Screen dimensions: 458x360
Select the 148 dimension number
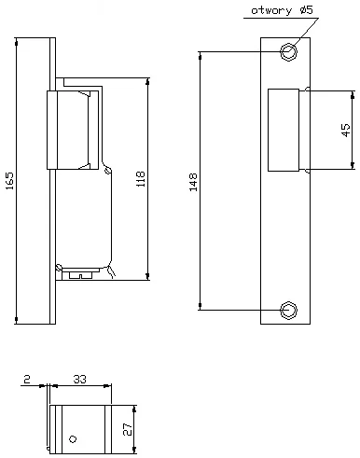(x=192, y=180)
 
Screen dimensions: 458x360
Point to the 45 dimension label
(x=346, y=130)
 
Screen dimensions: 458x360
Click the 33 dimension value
(x=79, y=380)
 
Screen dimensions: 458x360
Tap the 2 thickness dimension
(x=28, y=380)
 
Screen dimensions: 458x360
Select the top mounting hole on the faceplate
(x=289, y=50)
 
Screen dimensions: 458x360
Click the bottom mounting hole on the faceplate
(x=289, y=309)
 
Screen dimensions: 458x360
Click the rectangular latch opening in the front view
(x=283, y=130)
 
